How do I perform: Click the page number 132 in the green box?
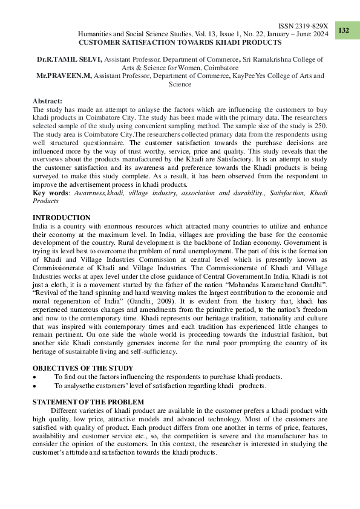(x=344, y=30)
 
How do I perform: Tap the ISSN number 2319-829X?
(x=313, y=27)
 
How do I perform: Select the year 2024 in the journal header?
(x=318, y=36)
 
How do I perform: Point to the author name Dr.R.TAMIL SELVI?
(x=69, y=60)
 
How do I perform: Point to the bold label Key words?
(x=51, y=192)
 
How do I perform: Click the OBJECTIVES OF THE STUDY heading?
(x=82, y=368)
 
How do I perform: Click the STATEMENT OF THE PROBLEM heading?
(x=88, y=402)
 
